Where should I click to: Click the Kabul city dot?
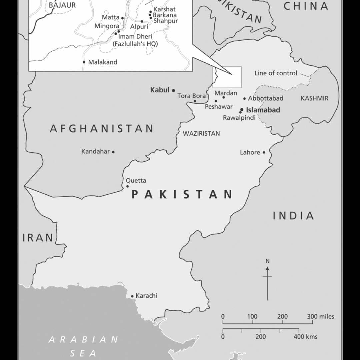tap(173, 90)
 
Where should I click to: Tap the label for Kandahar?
tap(95, 152)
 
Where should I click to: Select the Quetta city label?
tap(136, 181)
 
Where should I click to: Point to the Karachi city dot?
tap(132, 296)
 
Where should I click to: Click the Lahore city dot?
tap(264, 152)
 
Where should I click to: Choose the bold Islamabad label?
tap(263, 110)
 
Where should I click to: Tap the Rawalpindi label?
tap(239, 118)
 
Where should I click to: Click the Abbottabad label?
tap(265, 98)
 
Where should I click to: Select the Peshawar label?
tap(219, 107)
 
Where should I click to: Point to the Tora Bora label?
tap(191, 96)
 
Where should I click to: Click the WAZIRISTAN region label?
tap(201, 134)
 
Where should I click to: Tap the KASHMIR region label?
tap(314, 98)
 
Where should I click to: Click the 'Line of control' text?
tap(276, 73)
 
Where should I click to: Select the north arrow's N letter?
tap(267, 261)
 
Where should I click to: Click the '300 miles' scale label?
tap(321, 317)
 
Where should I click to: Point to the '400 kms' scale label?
tap(305, 337)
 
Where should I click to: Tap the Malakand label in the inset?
tap(103, 62)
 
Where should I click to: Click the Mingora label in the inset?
tap(107, 26)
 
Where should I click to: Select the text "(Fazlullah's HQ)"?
tap(135, 44)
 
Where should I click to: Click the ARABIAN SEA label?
tap(83, 346)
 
